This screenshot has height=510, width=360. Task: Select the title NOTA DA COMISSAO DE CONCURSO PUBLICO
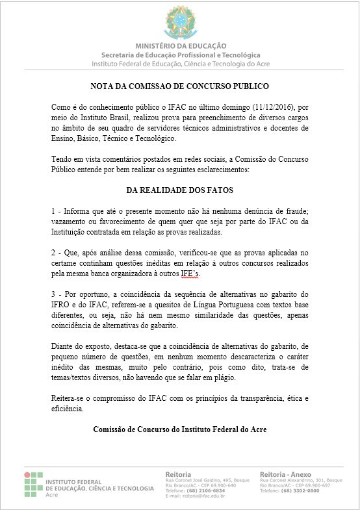pos(179,86)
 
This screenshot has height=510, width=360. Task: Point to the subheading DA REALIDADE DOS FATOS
pos(179,190)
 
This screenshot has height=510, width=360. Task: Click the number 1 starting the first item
pos(53,212)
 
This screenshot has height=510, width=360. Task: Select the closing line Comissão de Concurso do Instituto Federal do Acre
pos(179,429)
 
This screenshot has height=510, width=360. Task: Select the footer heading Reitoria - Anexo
pos(287,473)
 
